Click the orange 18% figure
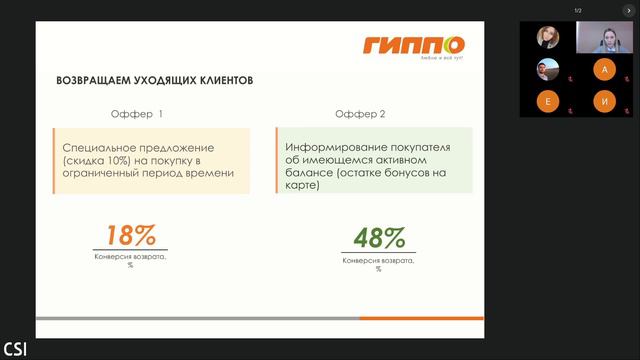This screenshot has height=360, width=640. point(132,236)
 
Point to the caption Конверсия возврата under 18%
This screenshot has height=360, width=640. point(132,256)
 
